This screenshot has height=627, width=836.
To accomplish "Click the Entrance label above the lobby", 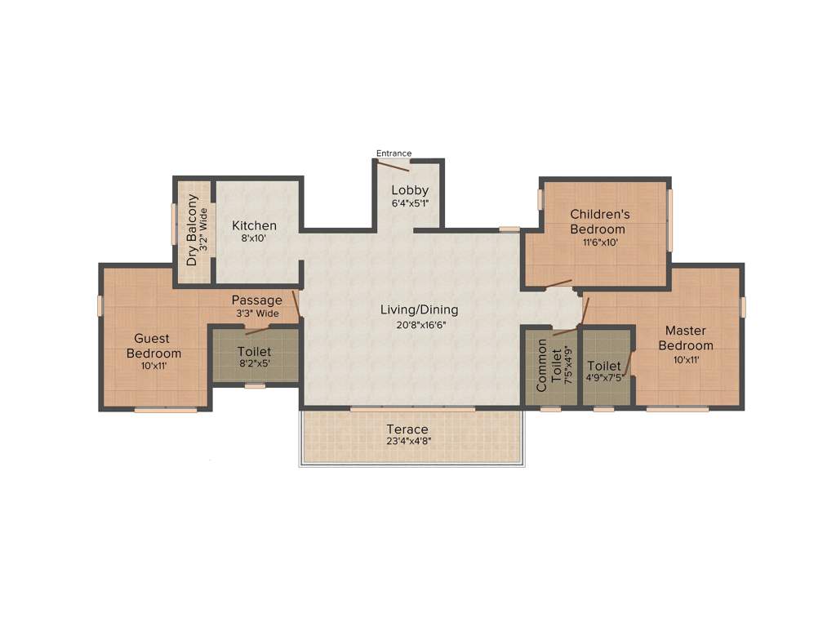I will [394, 153].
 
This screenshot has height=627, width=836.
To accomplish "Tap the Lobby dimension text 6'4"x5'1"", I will [410, 203].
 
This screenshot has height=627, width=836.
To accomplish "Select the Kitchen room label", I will [254, 225].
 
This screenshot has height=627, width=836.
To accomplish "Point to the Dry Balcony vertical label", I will [192, 229].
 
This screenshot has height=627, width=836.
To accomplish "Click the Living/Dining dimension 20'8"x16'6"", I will [419, 324].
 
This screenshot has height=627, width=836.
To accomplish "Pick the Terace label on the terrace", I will [407, 429].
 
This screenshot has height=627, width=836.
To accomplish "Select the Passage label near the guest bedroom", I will [256, 300].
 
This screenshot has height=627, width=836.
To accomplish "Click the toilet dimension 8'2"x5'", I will [255, 365].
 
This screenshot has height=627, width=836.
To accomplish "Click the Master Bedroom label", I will [689, 338].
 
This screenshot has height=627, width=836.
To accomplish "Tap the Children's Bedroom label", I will [600, 221].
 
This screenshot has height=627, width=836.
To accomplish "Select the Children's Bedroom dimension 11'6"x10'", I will [600, 242].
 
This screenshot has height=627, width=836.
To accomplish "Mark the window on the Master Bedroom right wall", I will [743, 306].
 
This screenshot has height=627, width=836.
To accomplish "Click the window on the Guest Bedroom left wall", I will [100, 305].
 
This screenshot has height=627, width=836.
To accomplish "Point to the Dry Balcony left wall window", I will [173, 224].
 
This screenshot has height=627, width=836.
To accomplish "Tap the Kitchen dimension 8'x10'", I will [254, 239].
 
